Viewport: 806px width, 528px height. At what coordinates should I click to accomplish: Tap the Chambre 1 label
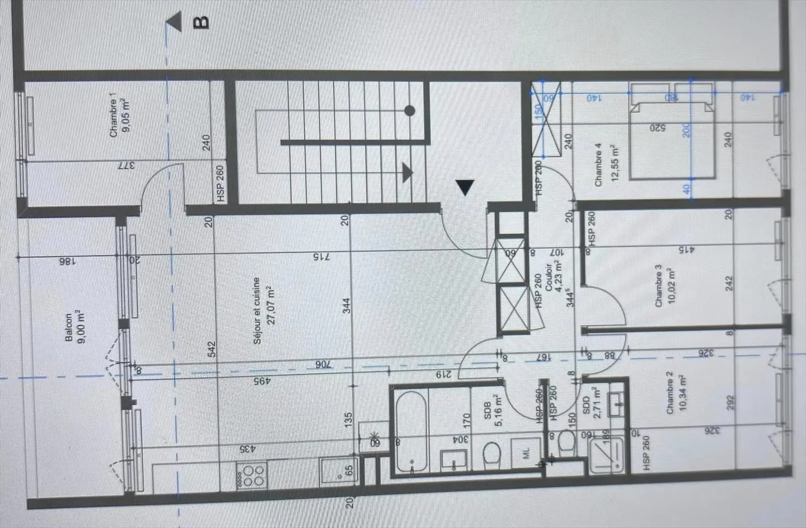[114, 118]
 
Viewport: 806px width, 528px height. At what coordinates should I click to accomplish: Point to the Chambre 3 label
[658, 285]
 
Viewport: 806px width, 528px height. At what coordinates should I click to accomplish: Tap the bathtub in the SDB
[411, 430]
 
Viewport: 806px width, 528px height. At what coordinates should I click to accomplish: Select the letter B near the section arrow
[201, 22]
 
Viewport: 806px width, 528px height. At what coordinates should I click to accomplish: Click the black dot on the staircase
[410, 111]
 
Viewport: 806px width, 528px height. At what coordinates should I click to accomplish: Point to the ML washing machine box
[526, 455]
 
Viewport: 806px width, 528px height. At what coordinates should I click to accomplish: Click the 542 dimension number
[212, 350]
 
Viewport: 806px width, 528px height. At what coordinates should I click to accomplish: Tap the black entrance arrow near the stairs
[465, 187]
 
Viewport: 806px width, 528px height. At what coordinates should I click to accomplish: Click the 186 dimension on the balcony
[65, 260]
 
